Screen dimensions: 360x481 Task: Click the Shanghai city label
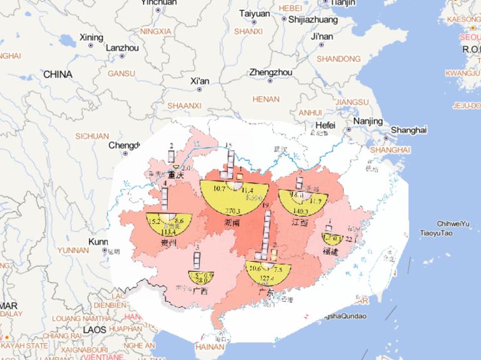tap(408, 130)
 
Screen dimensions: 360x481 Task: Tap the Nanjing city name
tap(368, 121)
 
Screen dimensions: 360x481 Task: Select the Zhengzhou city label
tap(271, 73)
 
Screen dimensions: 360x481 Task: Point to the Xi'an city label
tap(199, 81)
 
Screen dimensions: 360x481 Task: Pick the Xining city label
tap(91, 38)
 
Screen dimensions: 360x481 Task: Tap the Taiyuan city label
tap(255, 13)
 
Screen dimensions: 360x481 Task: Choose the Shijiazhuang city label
tap(313, 19)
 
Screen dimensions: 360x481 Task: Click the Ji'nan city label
tap(321, 36)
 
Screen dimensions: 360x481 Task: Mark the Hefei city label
tap(325, 125)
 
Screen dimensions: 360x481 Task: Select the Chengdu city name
tap(123, 145)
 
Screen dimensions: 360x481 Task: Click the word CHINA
tap(58, 75)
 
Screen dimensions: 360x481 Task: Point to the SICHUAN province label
tap(92, 135)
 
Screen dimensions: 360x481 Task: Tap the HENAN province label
tap(265, 99)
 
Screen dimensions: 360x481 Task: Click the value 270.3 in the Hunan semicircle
tap(233, 212)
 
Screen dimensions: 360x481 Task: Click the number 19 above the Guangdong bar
tap(266, 205)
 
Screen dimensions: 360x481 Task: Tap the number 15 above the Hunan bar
tap(229, 145)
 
